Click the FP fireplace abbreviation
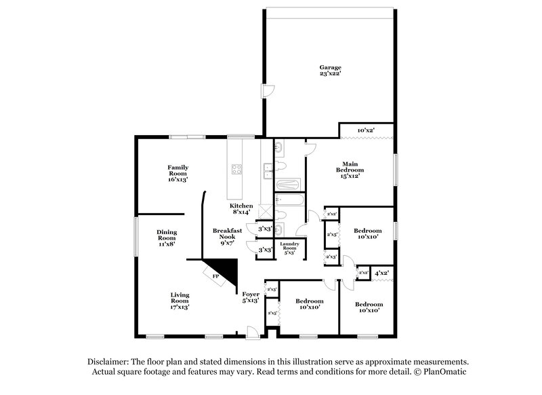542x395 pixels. coord(216,277)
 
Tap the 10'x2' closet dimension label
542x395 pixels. coord(366,130)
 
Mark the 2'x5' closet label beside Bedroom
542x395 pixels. coord(332,235)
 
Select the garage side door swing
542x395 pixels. coord(268,91)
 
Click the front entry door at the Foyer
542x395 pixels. coord(251,331)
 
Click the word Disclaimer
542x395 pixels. coord(110,362)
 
